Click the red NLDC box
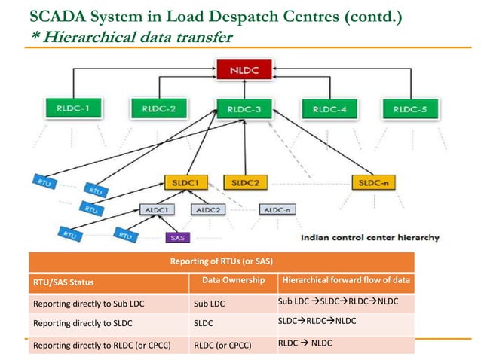(x=241, y=71)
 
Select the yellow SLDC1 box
(x=185, y=183)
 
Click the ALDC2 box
(x=208, y=209)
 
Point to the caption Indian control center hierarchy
(x=369, y=237)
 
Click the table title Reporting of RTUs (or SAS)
(x=222, y=261)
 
